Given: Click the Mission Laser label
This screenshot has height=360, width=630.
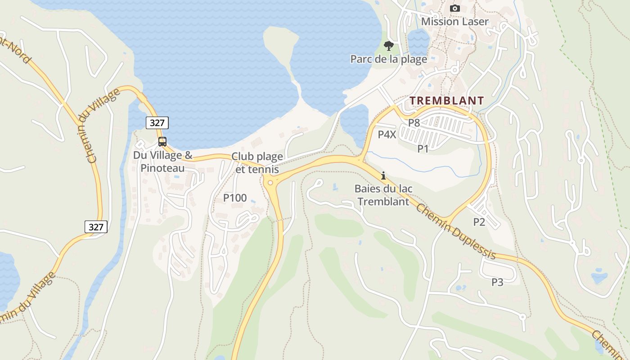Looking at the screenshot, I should click(x=454, y=21).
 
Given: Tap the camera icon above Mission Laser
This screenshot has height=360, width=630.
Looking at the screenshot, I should click(x=455, y=8).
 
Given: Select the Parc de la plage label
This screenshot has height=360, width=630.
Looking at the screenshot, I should click(x=388, y=59).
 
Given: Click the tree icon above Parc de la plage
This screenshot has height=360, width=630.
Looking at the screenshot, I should click(x=388, y=45).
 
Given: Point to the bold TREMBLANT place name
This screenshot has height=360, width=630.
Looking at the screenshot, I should click(x=447, y=100).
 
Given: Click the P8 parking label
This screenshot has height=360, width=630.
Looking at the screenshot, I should click(x=414, y=122).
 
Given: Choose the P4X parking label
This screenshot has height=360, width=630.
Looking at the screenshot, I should click(x=387, y=134).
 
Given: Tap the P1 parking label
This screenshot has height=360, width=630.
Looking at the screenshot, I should click(x=423, y=148).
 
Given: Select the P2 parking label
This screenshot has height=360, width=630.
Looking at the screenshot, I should click(x=479, y=221).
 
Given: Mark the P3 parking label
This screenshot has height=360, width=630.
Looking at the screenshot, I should click(x=497, y=282).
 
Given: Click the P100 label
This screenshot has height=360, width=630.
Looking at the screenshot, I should click(x=235, y=198).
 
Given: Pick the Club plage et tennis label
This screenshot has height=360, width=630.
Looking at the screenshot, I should click(x=257, y=162).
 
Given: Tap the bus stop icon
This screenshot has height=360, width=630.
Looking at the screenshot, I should click(x=162, y=142).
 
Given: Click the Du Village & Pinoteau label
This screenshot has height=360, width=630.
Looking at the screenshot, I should click(x=162, y=162).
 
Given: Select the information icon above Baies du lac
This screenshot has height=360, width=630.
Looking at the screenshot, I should click(x=383, y=175).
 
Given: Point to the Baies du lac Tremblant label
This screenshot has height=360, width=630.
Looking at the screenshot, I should click(x=383, y=195).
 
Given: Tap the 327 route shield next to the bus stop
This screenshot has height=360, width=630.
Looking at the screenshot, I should click(x=157, y=122).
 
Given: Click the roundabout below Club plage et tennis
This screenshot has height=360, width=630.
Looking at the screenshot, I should click(x=270, y=182).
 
